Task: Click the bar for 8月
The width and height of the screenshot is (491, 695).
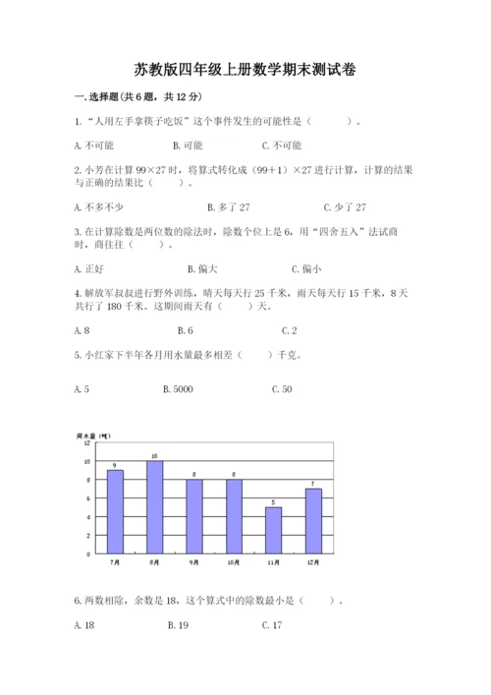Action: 154,506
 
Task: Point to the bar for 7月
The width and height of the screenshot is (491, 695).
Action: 115,511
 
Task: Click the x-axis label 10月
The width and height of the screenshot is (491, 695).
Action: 234,562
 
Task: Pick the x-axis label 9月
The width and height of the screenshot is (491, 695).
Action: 194,562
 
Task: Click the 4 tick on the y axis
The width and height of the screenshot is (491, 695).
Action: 88,517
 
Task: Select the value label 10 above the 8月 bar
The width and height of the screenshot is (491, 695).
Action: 154,456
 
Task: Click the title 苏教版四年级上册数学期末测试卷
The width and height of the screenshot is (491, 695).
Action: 245,70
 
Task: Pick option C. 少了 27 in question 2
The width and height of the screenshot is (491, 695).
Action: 345,206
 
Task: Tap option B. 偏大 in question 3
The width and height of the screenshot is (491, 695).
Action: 201,268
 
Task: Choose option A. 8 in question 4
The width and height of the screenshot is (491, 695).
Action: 82,330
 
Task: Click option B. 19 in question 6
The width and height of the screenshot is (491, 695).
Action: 178,624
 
